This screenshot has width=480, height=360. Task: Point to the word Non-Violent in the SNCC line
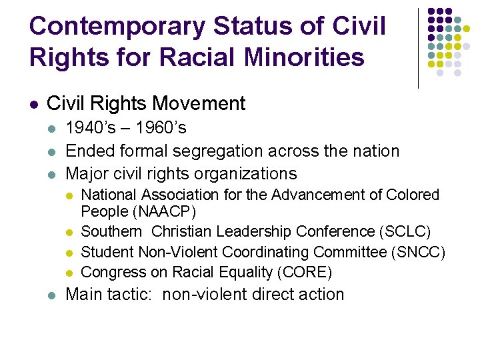(x=178, y=252)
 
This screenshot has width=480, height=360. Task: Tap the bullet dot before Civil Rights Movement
(x=33, y=105)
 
